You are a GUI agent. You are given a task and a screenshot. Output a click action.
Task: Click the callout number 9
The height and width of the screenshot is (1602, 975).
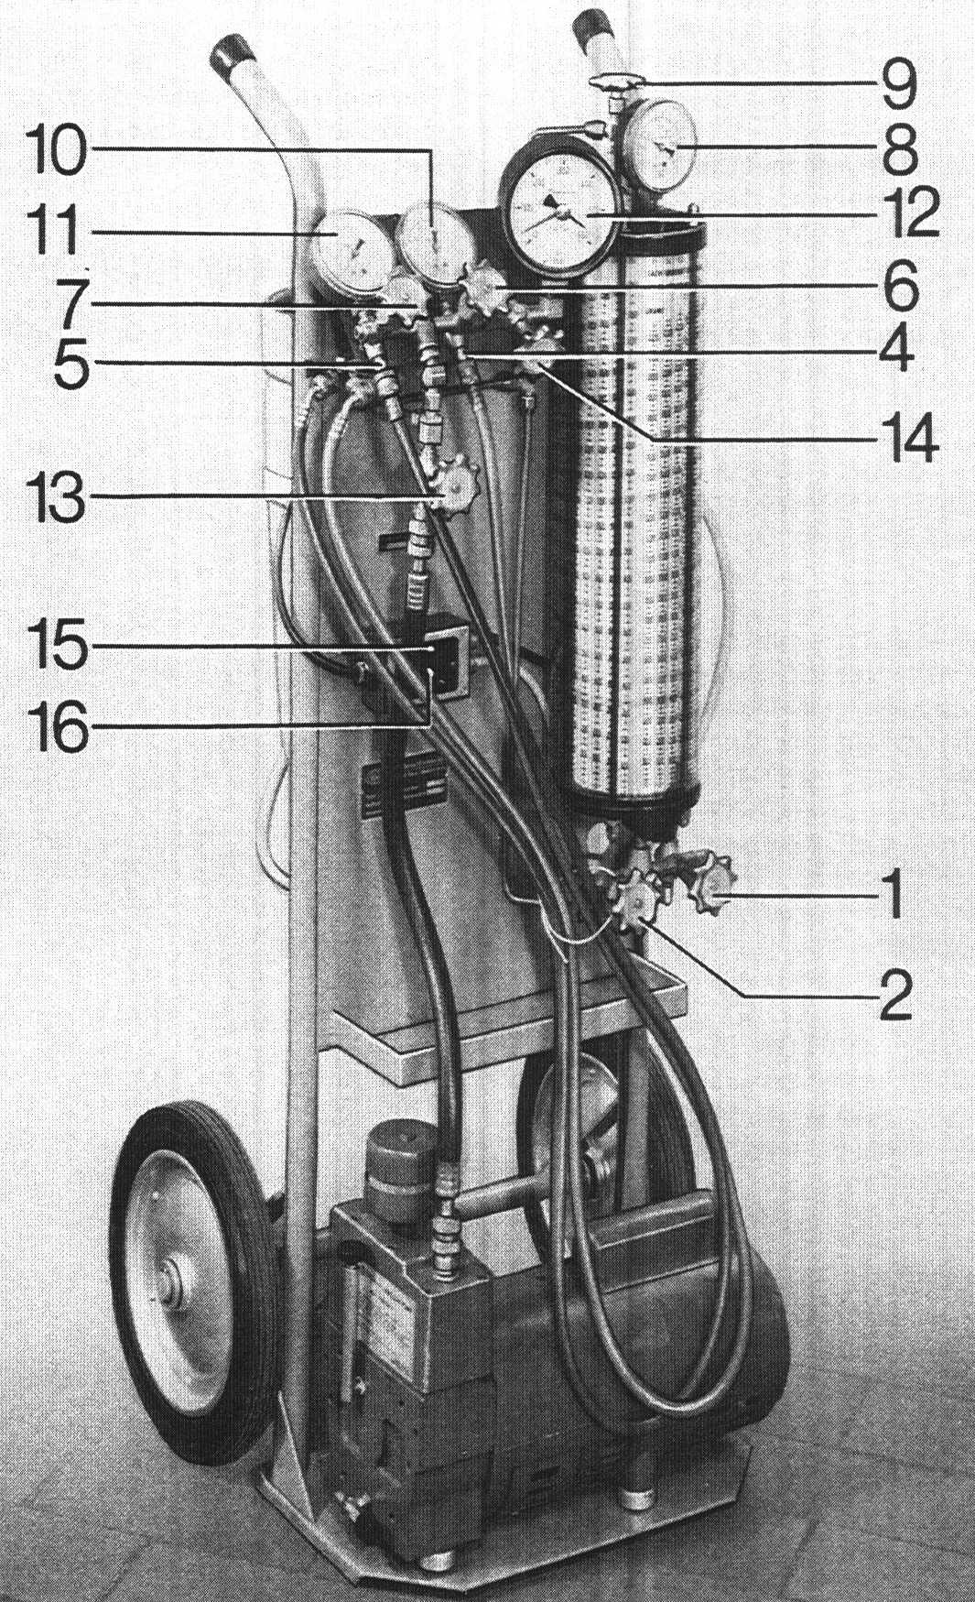[x=900, y=84]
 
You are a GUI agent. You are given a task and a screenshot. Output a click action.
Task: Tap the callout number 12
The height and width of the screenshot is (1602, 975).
[x=912, y=213]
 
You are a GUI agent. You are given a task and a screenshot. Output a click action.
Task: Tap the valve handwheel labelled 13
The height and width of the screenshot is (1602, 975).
[x=450, y=491]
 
